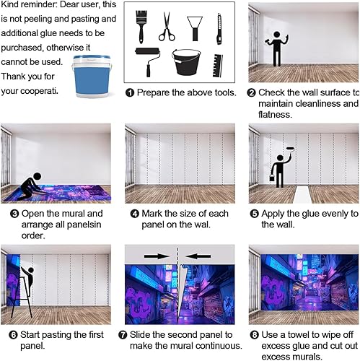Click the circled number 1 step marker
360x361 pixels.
click(x=130, y=93)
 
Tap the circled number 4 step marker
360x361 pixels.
click(x=130, y=214)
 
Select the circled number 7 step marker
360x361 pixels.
click(x=130, y=335)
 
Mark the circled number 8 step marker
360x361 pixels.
click(x=253, y=335)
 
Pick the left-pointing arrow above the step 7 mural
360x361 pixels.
click(x=200, y=255)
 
